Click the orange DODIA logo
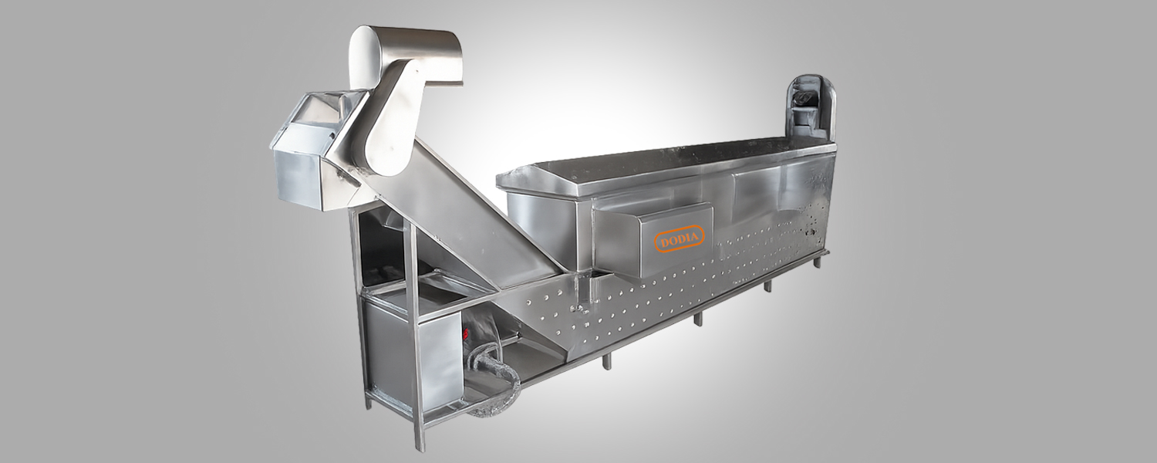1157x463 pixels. point(679,239)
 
